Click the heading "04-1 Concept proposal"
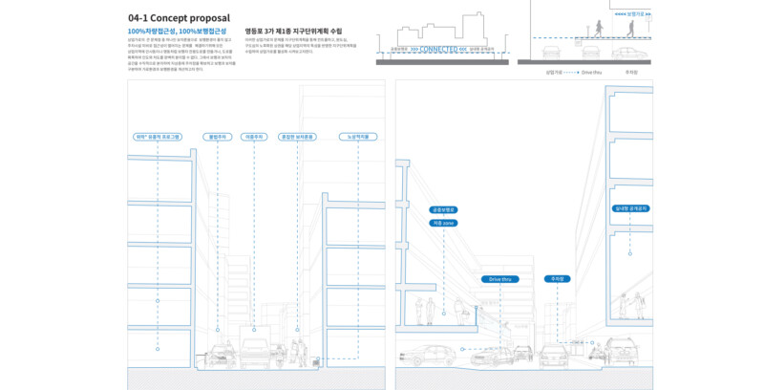pyautogui.click(x=179, y=18)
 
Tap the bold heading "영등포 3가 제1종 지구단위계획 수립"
pyautogui.click(x=293, y=32)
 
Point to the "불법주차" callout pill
pyautogui.click(x=217, y=137)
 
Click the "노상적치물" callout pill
pyautogui.click(x=353, y=137)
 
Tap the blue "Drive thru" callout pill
pyautogui.click(x=499, y=279)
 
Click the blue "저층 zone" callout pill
pyautogui.click(x=444, y=222)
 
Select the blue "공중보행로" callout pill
pyautogui.click(x=444, y=208)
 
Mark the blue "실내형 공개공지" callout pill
pyautogui.click(x=630, y=207)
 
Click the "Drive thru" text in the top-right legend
pyautogui.click(x=591, y=72)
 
